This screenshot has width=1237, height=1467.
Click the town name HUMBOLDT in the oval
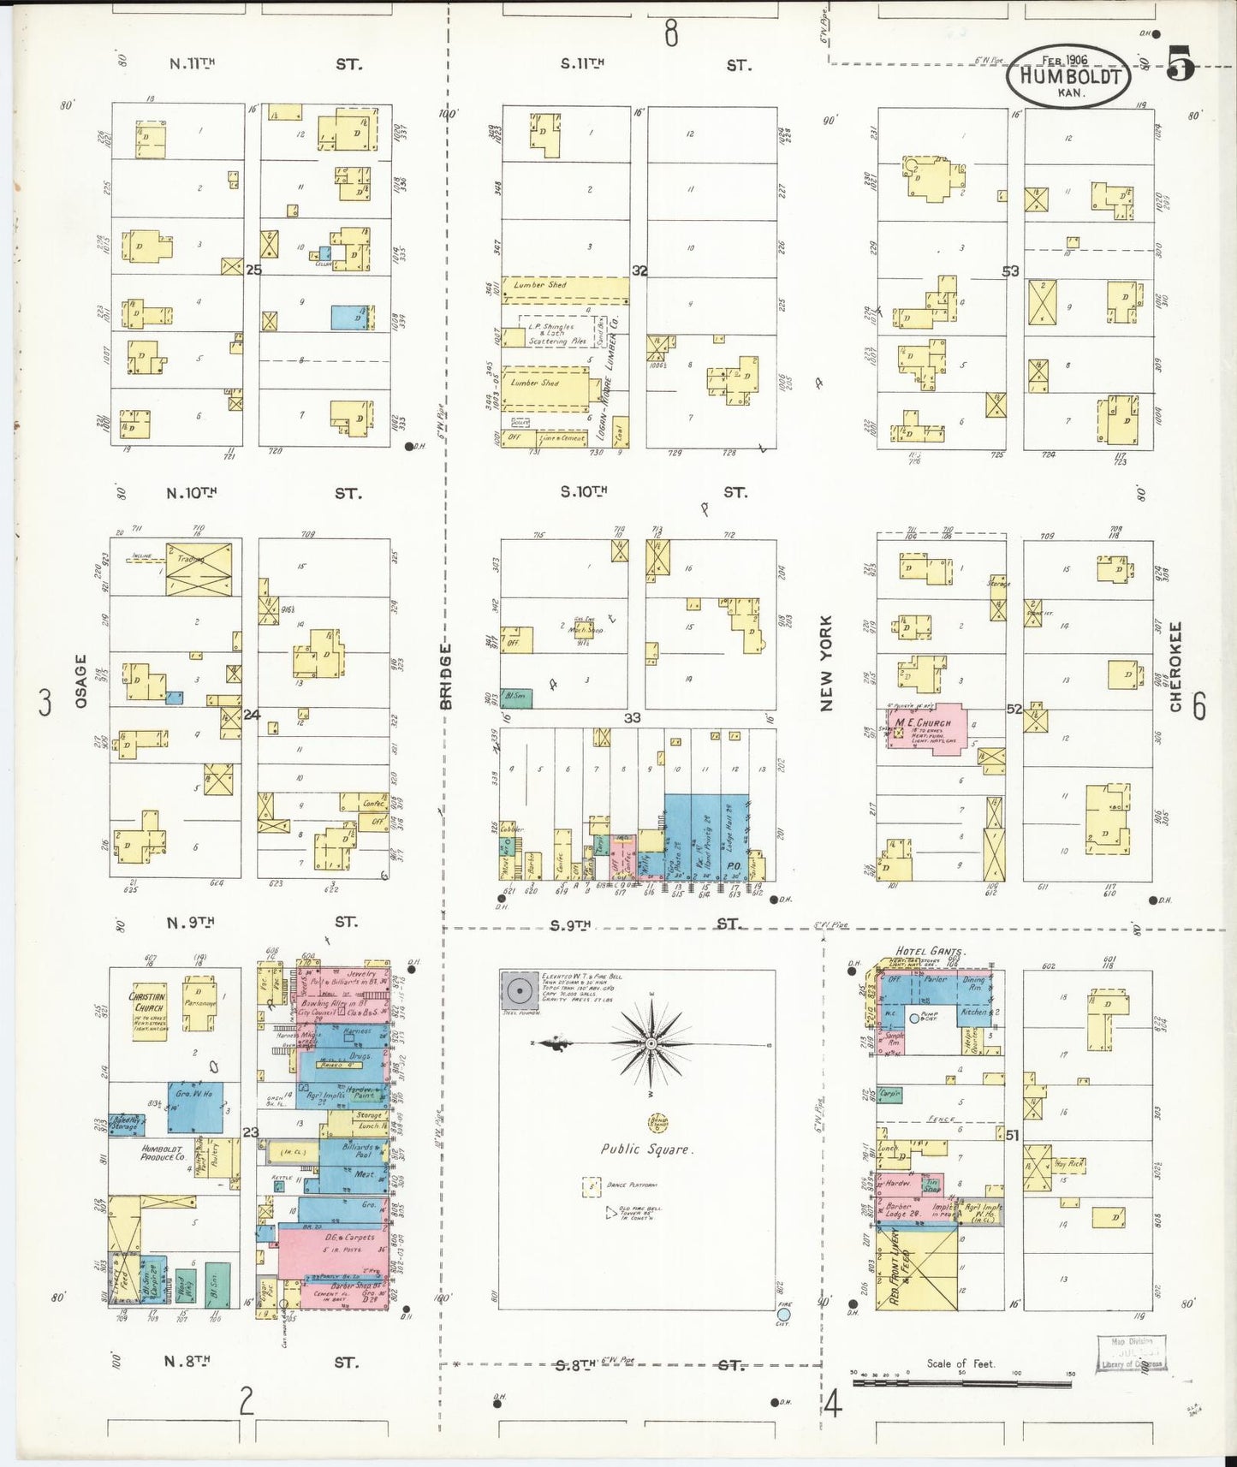pos(1069,76)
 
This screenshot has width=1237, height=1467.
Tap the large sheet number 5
pos(1181,64)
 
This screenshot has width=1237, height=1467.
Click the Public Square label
pos(645,1149)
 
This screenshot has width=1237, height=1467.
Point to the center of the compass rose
pos(651,1043)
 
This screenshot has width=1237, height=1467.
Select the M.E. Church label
pos(923,723)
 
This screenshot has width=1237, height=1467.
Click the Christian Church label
pos(147,1002)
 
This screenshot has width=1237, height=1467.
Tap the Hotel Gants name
pos(929,951)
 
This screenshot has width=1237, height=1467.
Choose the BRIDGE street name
pos(445,676)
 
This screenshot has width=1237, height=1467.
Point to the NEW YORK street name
pos(826,662)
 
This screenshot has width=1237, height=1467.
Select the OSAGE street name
pos(81,680)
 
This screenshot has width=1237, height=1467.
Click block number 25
pos(253,270)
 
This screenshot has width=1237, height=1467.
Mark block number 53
pos(1011,270)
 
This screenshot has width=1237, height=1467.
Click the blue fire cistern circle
pos(783,1314)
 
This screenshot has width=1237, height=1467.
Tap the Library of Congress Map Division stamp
pos(1132,1353)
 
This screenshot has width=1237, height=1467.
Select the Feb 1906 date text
pos(1064,60)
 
